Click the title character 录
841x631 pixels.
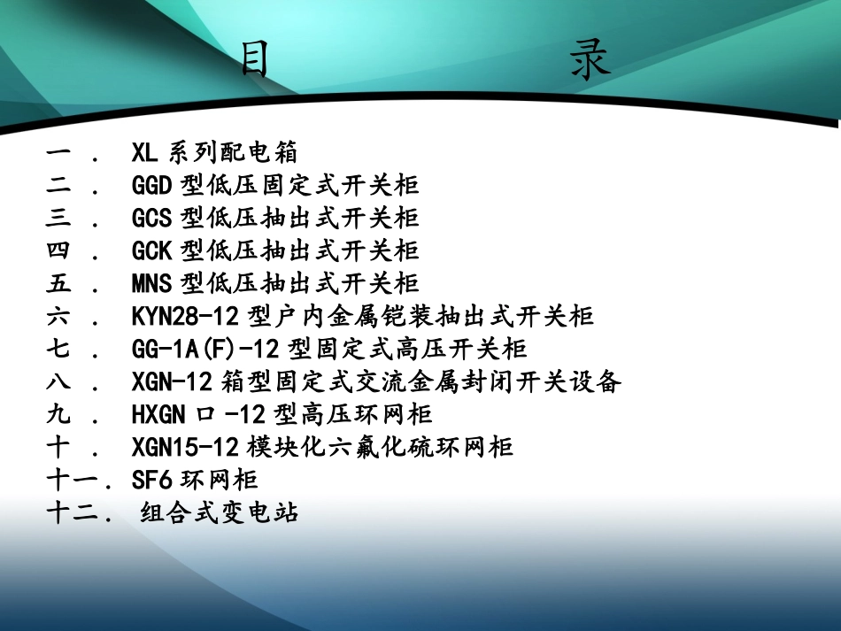[x=590, y=62]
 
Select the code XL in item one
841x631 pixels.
[x=144, y=153]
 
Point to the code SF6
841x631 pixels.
[x=151, y=479]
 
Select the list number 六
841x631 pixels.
[x=58, y=316]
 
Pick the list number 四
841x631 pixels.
[x=58, y=250]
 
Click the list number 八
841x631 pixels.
[x=58, y=381]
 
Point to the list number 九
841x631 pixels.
[x=58, y=413]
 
